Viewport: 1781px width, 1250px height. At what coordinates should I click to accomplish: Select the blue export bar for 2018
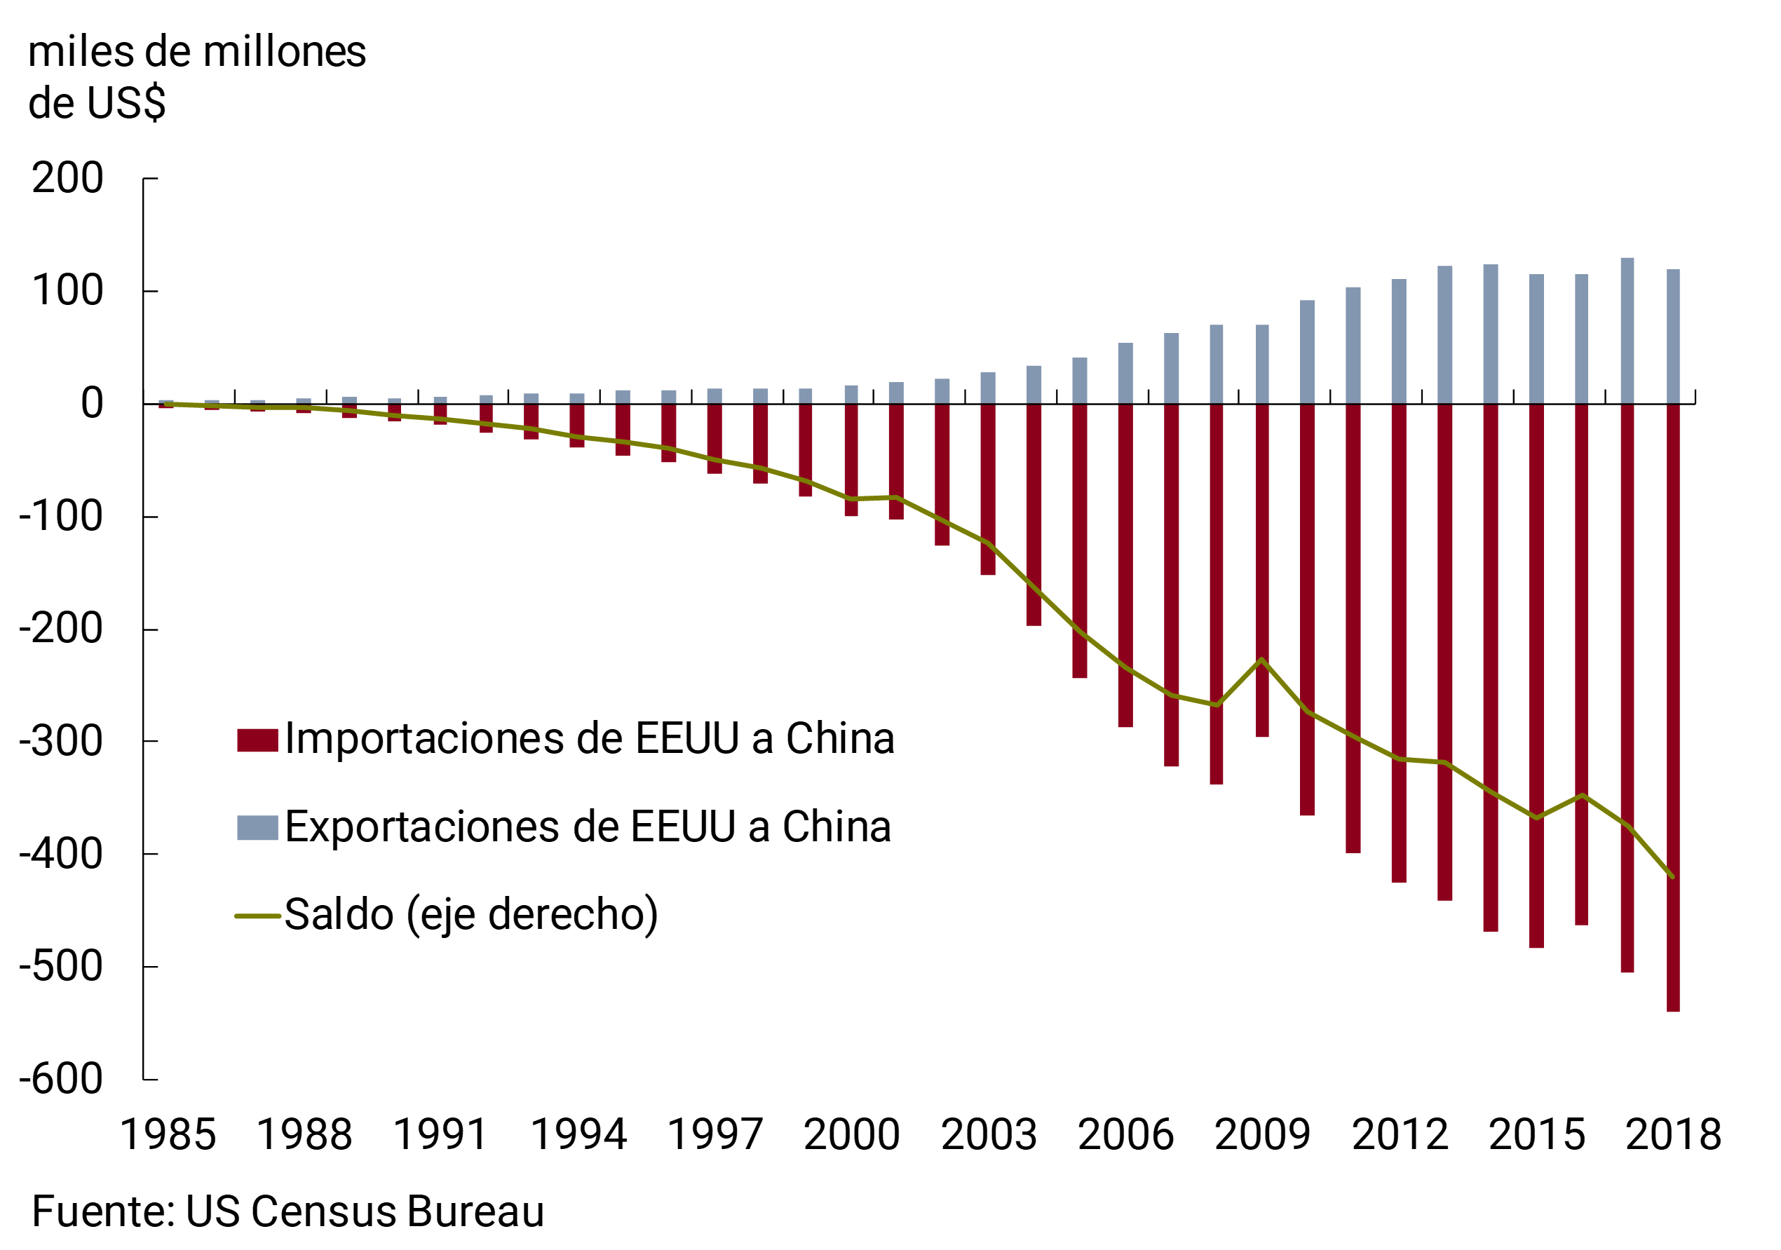tap(1673, 337)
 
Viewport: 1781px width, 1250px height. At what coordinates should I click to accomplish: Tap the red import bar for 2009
tap(1262, 570)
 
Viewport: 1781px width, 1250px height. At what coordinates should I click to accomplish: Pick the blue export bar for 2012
tap(1399, 341)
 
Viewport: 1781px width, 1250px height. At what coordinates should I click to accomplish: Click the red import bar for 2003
tap(987, 489)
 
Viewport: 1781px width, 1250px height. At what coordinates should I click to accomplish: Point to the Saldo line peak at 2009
tap(1262, 659)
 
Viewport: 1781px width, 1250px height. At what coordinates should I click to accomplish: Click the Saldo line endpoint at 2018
tap(1673, 877)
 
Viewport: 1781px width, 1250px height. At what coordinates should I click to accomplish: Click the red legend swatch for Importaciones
tap(257, 740)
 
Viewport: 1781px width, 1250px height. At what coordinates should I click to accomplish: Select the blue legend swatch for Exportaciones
tap(257, 827)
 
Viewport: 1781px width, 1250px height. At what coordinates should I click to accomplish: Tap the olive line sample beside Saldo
tap(257, 916)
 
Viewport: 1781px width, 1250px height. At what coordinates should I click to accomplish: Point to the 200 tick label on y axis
tap(67, 178)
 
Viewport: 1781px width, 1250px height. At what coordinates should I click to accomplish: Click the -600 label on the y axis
tap(61, 1079)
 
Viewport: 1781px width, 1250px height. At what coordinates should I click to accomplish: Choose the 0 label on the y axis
tap(92, 403)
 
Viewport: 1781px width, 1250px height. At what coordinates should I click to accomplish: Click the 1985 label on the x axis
tap(168, 1135)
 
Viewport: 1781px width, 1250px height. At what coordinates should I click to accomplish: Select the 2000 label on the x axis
tap(852, 1135)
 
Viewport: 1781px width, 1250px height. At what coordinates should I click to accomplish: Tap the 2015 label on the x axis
tap(1537, 1135)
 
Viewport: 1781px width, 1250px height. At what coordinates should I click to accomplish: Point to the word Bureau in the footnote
tap(475, 1211)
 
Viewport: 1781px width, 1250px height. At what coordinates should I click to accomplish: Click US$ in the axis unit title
tap(126, 103)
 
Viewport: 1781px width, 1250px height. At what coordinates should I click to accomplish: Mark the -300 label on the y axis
tap(61, 741)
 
